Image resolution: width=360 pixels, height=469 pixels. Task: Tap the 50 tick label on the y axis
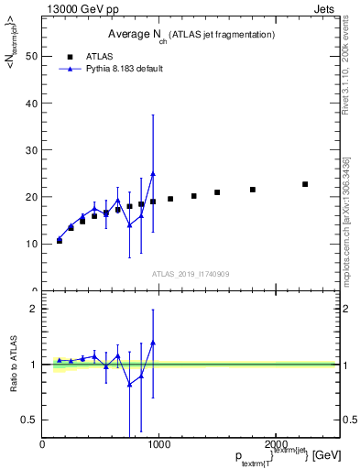point(30,56)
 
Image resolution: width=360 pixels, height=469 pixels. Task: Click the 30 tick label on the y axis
point(30,150)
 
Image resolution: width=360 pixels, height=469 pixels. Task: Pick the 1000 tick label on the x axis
point(158,443)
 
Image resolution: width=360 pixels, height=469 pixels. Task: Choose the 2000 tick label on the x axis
point(275,443)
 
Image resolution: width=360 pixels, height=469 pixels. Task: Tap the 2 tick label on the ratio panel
point(33,309)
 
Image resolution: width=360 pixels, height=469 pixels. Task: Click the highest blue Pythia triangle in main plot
point(153,173)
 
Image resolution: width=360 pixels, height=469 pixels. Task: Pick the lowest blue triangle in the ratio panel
point(129,385)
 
